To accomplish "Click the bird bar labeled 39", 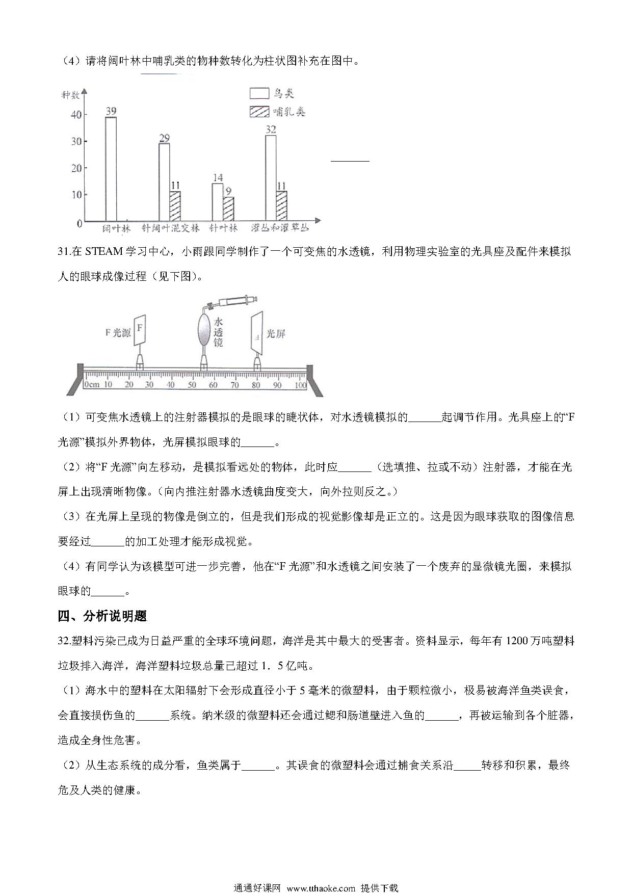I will point(111,169).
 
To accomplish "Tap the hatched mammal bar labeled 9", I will point(228,209).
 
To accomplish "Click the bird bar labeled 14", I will point(217,202).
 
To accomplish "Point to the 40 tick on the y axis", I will point(76,115).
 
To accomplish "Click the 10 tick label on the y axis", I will point(76,195).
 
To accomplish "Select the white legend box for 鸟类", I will point(259,93).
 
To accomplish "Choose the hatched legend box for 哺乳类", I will point(259,112).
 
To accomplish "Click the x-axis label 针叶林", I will point(223,228).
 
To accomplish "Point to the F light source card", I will point(140,329).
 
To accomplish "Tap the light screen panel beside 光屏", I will point(257,333).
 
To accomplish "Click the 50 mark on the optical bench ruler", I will point(192,385).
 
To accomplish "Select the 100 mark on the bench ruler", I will point(301,385).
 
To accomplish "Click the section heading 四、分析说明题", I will point(102,616).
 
